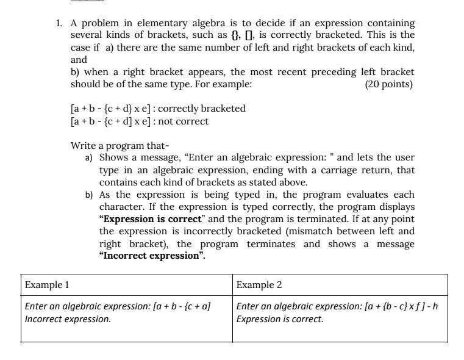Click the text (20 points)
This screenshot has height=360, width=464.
[x=388, y=84]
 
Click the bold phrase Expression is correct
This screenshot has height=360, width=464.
[x=150, y=219]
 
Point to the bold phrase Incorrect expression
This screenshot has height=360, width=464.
[x=152, y=256]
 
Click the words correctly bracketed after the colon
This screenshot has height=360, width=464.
[x=201, y=109]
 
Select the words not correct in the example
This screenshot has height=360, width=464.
[x=183, y=121]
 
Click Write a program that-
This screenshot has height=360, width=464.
[x=120, y=145]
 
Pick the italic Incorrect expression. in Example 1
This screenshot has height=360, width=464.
[x=68, y=319]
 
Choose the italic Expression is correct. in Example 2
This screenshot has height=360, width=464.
[x=280, y=319]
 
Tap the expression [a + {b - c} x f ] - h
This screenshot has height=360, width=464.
[x=399, y=306]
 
